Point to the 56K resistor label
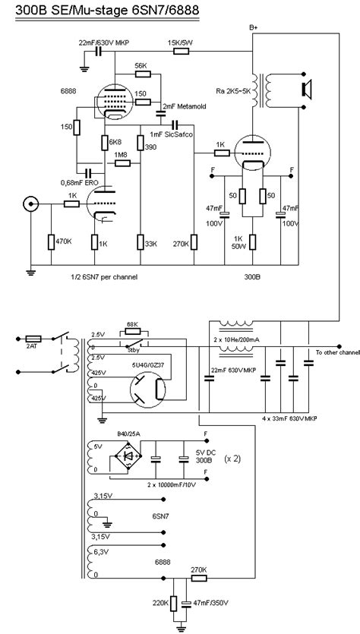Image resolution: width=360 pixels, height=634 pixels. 141,66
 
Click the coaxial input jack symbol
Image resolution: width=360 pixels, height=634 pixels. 31,203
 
